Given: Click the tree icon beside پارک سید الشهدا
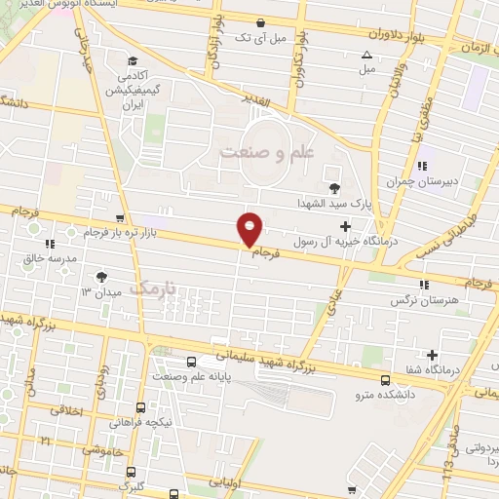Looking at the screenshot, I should pos(334,187).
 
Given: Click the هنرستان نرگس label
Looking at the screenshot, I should pos(424,302).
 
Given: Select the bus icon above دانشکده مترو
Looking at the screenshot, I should pos(386,379).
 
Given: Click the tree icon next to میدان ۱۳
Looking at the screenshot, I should pos(100,278).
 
